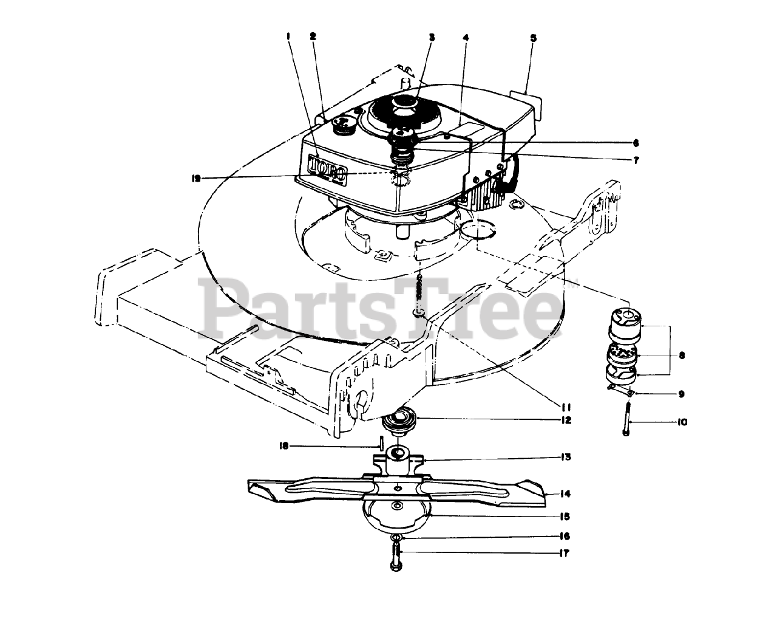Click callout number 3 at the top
coord(432,37)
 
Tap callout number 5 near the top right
coord(533,38)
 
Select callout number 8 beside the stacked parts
coord(682,355)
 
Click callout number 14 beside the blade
coord(565,494)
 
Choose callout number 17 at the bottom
coord(565,554)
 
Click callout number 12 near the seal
coord(565,420)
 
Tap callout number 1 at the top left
coord(289,36)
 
